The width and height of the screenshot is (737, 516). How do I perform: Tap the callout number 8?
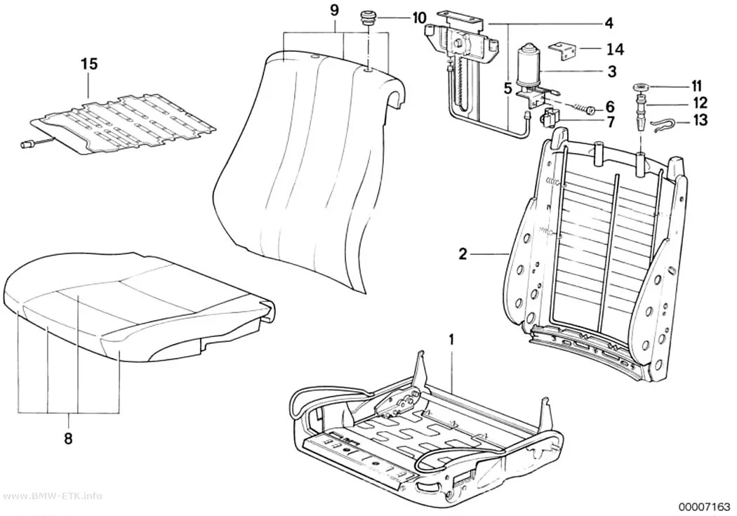click(69, 439)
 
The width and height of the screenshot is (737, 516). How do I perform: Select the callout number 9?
click(334, 11)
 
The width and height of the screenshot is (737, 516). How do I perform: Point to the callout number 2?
click(463, 254)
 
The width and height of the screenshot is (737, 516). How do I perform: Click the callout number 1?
click(452, 340)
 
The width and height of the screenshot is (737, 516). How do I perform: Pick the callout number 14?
click(616, 48)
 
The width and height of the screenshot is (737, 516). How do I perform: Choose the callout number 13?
click(701, 120)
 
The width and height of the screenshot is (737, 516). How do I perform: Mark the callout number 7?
click(611, 123)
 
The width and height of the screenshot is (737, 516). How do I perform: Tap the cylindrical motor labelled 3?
click(530, 66)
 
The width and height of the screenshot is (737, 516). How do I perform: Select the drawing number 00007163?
click(703, 507)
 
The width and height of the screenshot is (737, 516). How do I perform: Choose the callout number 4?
click(609, 22)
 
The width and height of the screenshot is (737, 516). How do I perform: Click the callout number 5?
click(507, 88)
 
